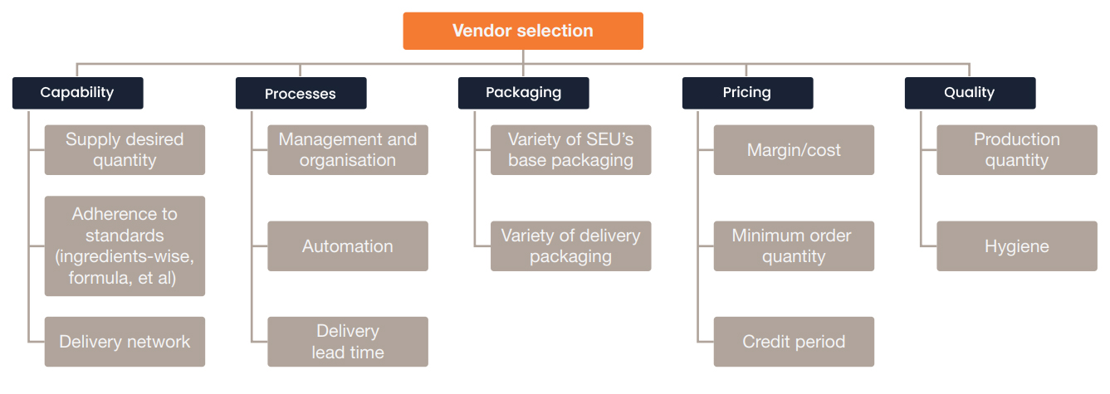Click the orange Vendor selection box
pos(523,31)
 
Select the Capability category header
pos(77,93)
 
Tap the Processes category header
pos(301,94)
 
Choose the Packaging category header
pos(523,93)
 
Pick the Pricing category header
pos(747,93)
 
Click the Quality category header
pos(970,93)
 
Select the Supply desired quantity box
pos(125,150)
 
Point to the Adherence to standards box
pos(125,246)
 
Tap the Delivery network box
pos(125,342)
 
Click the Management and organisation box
pos(348,150)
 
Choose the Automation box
pos(348,246)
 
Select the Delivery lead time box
pos(348,342)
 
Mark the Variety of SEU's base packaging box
pos(570,150)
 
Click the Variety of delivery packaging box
pos(570,246)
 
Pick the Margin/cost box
pos(794,150)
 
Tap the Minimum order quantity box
pos(794,246)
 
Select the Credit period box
pos(794,342)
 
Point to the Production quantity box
pos(1017,150)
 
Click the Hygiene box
pos(1017,246)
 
